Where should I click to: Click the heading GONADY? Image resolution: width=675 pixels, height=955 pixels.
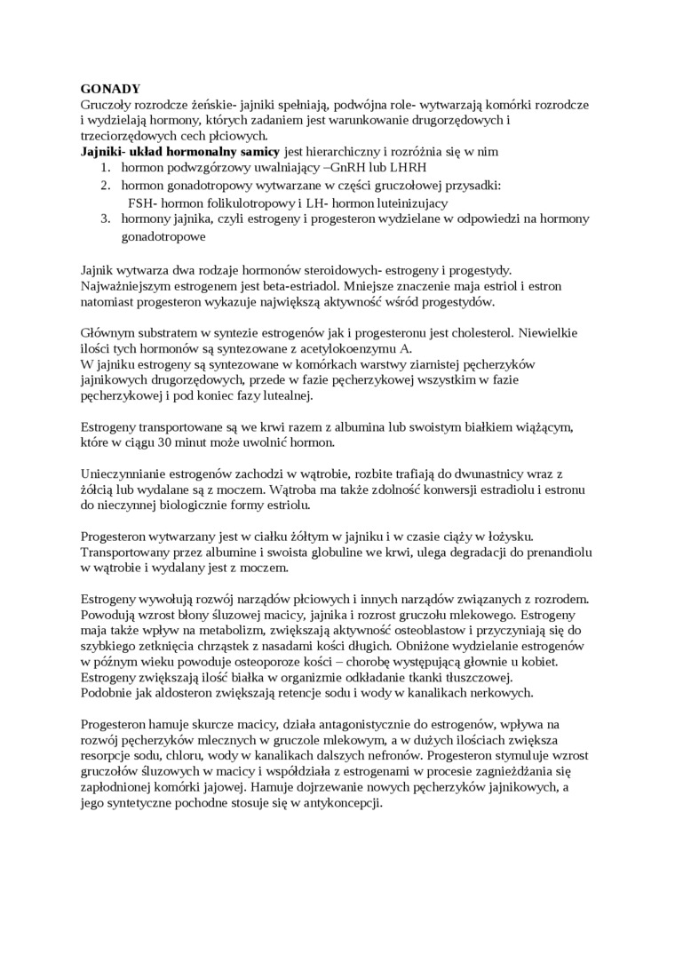click(x=110, y=89)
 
